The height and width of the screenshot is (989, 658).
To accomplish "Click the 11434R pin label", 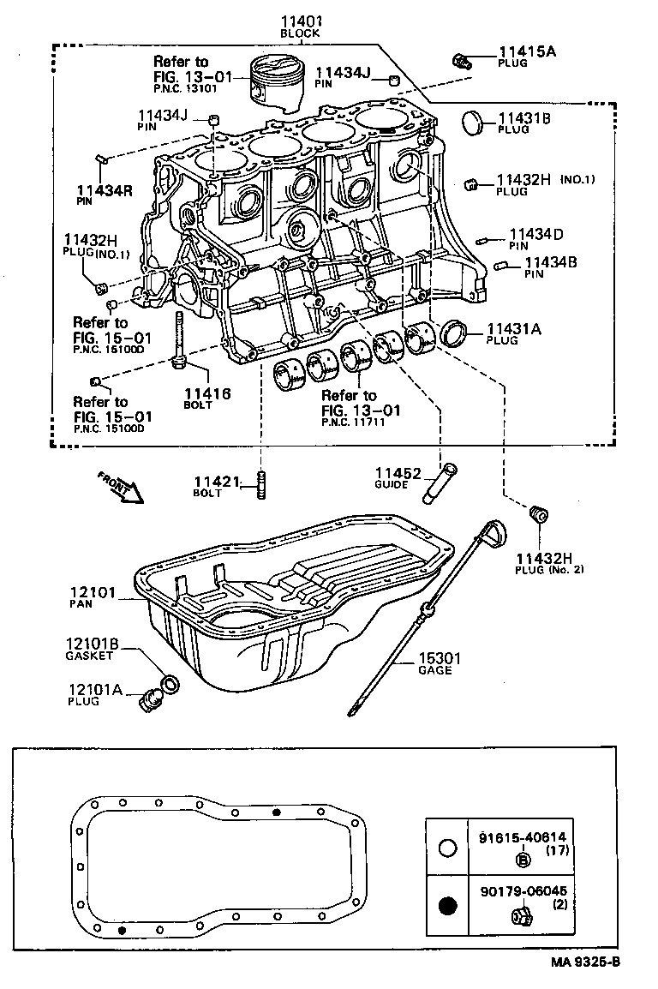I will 105,190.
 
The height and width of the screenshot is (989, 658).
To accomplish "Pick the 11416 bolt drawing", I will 180,343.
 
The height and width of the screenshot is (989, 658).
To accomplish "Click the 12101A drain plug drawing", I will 149,699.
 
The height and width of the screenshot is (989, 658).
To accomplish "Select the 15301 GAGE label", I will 440,659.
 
